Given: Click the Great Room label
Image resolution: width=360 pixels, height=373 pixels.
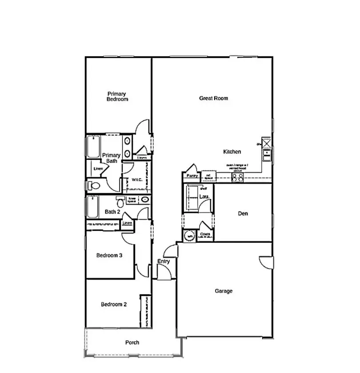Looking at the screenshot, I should coord(213,98).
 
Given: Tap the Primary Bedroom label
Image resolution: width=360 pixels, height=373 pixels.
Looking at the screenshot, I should coord(117,96).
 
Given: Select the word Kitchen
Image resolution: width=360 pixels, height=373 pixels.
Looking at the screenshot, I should coord(232,152).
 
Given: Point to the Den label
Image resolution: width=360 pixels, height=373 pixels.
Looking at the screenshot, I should coord(243,214).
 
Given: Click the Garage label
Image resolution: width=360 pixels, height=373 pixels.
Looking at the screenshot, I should coord(224,291).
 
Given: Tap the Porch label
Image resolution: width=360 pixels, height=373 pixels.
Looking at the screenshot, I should coord(132,342).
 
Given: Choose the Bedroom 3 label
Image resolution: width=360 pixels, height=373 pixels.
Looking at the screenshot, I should coord(109,255).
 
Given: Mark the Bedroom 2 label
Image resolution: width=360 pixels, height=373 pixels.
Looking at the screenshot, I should coord(114,304).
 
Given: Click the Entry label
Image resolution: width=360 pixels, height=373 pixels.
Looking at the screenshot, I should coord(164,262).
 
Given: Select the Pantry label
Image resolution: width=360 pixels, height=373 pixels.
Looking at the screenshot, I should coord(192,176).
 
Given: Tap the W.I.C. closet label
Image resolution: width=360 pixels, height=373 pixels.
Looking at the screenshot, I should coord(136,180).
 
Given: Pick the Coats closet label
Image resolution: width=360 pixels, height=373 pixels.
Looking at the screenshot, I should coord(205,234).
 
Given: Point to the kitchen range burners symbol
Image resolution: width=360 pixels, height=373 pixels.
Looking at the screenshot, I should coord(238,177).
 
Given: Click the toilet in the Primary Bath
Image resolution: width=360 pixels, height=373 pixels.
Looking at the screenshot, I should coord(94,185).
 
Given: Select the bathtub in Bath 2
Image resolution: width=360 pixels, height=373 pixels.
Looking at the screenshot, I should coord(92,207).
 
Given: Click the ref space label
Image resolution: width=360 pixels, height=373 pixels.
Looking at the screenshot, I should coord(208,177).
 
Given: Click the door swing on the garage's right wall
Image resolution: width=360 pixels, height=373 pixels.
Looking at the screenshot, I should coord(266,262).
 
